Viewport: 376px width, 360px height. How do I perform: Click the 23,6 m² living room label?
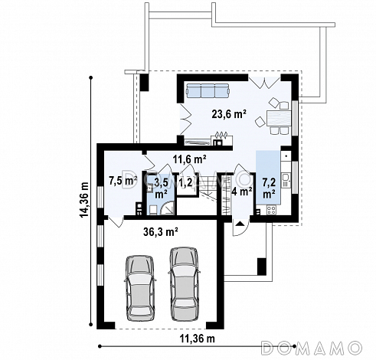pyautogui.click(x=229, y=114)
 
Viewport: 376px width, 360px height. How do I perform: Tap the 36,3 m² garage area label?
pyautogui.click(x=161, y=232)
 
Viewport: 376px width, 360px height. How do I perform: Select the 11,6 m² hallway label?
pyautogui.click(x=190, y=159)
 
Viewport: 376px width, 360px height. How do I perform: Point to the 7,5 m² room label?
pyautogui.click(x=123, y=181)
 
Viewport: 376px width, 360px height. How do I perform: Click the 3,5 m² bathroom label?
pyautogui.click(x=162, y=188)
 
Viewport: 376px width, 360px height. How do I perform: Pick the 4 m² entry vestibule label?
pyautogui.click(x=242, y=191)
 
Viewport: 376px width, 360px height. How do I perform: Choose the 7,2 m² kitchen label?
pyautogui.click(x=269, y=188)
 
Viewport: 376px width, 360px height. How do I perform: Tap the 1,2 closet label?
pyautogui.click(x=185, y=182)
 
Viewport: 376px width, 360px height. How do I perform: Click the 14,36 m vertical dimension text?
pyautogui.click(x=84, y=200)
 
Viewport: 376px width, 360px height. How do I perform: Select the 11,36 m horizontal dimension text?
pyautogui.click(x=198, y=339)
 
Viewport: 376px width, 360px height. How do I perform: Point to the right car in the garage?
pyautogui.click(x=184, y=283)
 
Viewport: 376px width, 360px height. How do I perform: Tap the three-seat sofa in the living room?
pyautogui.click(x=208, y=90)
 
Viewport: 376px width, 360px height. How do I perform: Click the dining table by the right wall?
pyautogui.click(x=279, y=118)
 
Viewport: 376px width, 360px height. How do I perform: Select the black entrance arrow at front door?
pyautogui.click(x=240, y=224)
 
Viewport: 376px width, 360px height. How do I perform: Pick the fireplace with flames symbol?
pyautogui.click(x=221, y=139)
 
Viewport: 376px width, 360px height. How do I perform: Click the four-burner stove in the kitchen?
pyautogui.click(x=271, y=210)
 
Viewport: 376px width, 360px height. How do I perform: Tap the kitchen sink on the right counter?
pyautogui.click(x=286, y=180)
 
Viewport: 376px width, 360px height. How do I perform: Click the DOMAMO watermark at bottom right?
pyautogui.click(x=312, y=348)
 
